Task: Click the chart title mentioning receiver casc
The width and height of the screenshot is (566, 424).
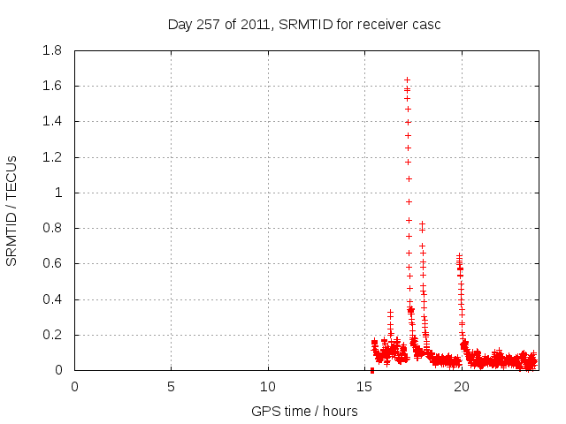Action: tap(304, 24)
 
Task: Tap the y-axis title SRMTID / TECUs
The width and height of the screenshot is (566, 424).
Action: tap(11, 210)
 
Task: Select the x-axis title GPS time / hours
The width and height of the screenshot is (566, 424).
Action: tap(304, 411)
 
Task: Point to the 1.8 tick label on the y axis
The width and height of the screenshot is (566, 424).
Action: tap(52, 50)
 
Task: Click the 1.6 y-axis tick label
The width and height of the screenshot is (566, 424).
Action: tap(52, 86)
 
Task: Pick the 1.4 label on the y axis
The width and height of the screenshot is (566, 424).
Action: tap(52, 121)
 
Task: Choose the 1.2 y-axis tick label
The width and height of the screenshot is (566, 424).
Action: tap(52, 157)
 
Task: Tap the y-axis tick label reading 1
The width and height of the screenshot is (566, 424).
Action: tap(60, 193)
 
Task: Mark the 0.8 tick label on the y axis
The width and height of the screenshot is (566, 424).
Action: tap(52, 228)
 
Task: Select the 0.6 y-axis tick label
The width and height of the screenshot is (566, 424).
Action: tap(52, 263)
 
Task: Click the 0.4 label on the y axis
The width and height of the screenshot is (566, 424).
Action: tap(52, 299)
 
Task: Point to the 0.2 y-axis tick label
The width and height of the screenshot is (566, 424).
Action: tap(52, 335)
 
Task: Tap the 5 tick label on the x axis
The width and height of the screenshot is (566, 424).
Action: tap(171, 386)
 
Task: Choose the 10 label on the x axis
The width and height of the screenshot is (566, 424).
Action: tap(267, 386)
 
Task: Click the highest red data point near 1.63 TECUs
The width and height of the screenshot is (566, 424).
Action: tap(407, 79)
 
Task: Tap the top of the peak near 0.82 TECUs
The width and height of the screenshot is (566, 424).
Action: tap(422, 224)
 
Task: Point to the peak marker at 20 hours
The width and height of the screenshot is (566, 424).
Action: tap(459, 256)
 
